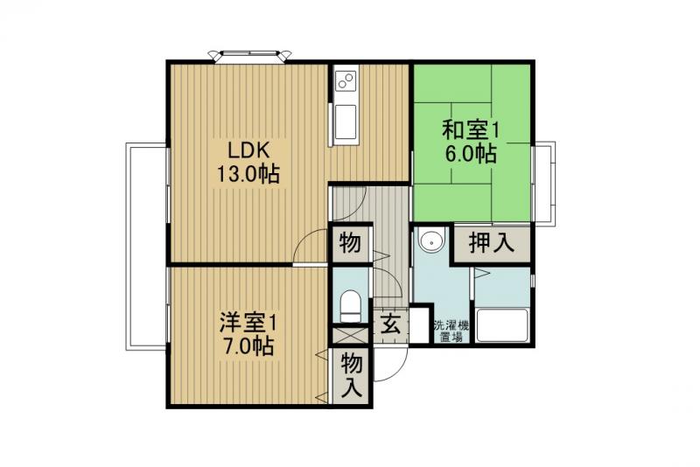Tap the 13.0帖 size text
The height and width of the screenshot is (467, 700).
click(x=248, y=173)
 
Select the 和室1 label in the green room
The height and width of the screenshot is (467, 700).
click(x=470, y=130)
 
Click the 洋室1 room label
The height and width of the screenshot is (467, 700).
click(x=248, y=321)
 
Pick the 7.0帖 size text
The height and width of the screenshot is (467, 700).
click(x=248, y=345)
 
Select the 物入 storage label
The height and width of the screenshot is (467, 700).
click(x=352, y=373)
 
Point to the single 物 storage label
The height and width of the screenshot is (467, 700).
click(x=350, y=244)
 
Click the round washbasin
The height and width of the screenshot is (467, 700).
click(x=430, y=240)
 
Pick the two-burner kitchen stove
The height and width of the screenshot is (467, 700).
click(x=344, y=84)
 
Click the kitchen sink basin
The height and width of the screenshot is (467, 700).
click(x=344, y=120)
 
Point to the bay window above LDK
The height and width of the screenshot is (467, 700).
click(x=249, y=56)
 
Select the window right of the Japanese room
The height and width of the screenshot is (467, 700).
click(x=546, y=183)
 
